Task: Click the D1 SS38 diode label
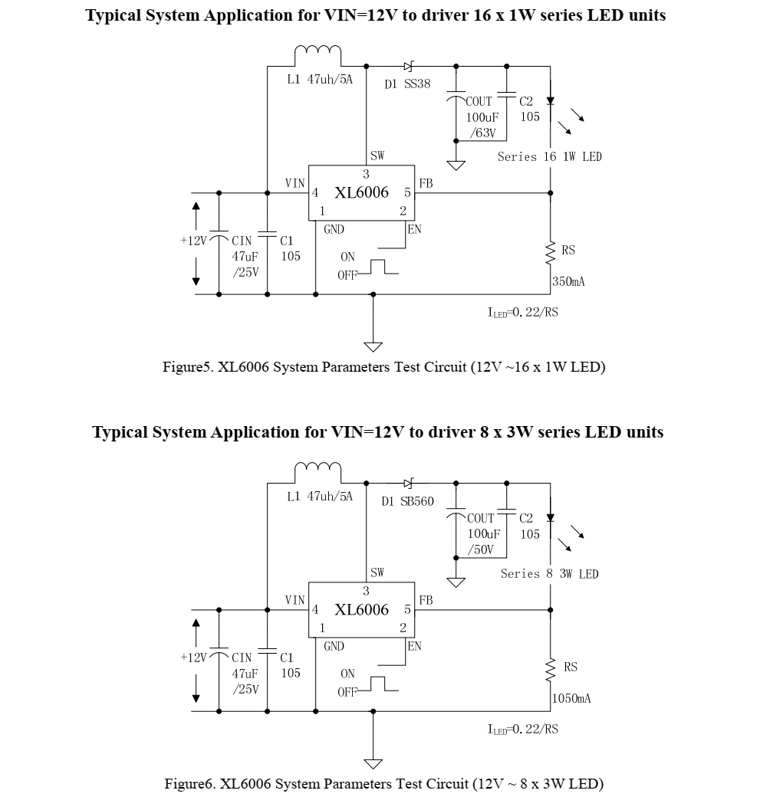[407, 84]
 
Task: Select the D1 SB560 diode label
[407, 502]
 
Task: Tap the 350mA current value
[569, 282]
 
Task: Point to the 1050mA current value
[571, 699]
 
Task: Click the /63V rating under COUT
[482, 133]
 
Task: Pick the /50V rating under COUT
[482, 550]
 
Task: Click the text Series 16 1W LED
[550, 157]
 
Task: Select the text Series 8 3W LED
[550, 574]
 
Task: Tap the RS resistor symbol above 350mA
[550, 251]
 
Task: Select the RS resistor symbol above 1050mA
[550, 668]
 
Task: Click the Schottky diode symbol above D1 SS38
[409, 67]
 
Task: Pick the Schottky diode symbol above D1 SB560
[409, 484]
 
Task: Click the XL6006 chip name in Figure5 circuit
[361, 193]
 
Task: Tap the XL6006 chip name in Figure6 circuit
[361, 610]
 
